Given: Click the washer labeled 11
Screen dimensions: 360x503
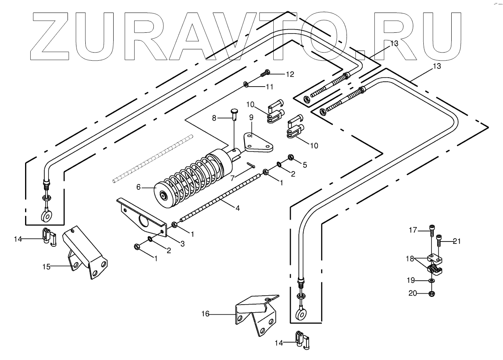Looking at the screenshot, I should (246, 85).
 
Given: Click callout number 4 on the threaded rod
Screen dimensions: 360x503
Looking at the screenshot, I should (238, 208).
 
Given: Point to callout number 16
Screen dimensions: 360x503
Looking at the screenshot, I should (205, 313).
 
